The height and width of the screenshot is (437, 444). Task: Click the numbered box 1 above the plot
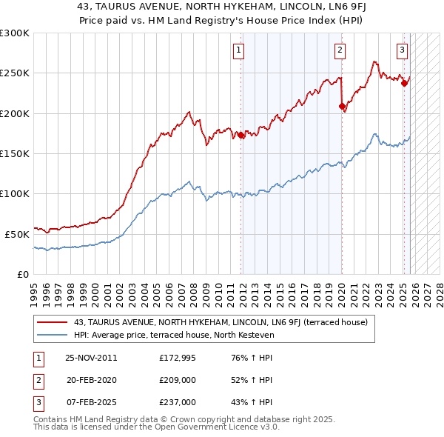240,50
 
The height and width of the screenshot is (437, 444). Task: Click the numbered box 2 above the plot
340,50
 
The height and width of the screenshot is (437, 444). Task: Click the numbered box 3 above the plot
402,50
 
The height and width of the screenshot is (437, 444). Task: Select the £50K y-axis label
17,234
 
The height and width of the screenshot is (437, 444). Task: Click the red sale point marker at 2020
342,107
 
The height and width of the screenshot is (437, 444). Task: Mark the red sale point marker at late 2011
241,136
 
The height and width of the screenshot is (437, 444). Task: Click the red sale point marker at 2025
404,84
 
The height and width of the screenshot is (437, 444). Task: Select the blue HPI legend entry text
174,335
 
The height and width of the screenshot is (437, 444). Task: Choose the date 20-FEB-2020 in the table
91,380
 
